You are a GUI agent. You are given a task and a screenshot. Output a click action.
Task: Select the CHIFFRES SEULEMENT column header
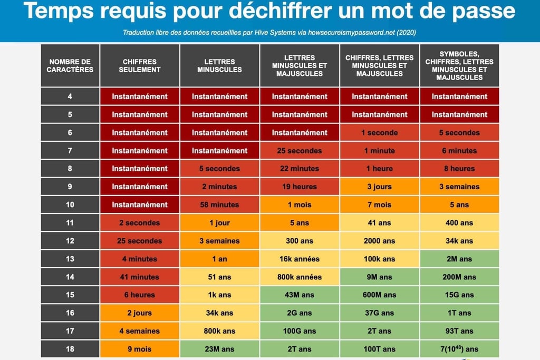pyautogui.click(x=140, y=66)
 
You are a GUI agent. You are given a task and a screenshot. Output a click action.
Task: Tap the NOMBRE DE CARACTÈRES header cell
pyautogui.click(x=70, y=66)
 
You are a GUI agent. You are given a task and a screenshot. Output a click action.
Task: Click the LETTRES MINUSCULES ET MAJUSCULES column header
pyautogui.click(x=300, y=66)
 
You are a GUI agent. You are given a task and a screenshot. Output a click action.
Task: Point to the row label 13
pyautogui.click(x=70, y=259)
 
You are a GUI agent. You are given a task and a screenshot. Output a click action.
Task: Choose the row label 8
pyautogui.click(x=70, y=169)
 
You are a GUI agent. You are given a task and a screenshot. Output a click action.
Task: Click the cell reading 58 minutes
pyautogui.click(x=219, y=205)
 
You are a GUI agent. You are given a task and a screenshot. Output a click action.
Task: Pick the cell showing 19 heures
pyautogui.click(x=300, y=187)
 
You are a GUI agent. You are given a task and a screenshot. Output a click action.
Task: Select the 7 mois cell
pyautogui.click(x=380, y=205)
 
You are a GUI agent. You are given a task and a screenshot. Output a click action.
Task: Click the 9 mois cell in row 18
pyautogui.click(x=140, y=349)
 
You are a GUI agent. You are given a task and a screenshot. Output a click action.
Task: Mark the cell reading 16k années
pyautogui.click(x=300, y=259)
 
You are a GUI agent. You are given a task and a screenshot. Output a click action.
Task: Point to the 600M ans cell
pyautogui.click(x=380, y=295)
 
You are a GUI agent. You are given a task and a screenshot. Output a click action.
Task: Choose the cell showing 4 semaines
pyautogui.click(x=140, y=331)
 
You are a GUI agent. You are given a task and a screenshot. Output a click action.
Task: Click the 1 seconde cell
pyautogui.click(x=380, y=133)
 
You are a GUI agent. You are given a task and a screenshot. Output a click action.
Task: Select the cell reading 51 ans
pyautogui.click(x=219, y=277)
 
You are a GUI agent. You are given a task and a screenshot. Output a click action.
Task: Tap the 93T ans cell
pyautogui.click(x=459, y=331)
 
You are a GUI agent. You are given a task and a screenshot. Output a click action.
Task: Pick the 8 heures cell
pyautogui.click(x=459, y=169)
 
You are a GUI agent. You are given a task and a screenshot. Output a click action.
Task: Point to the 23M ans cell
pyautogui.click(x=219, y=349)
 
